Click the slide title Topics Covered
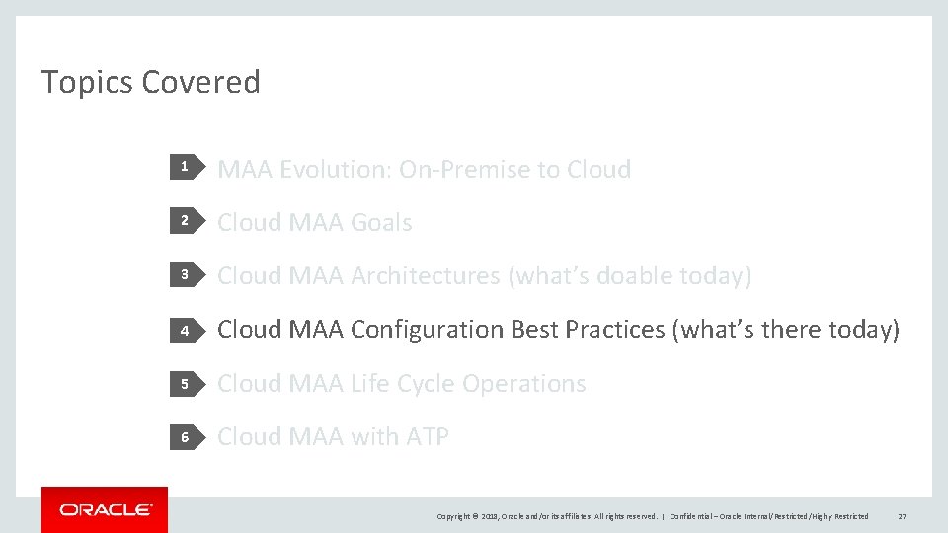(150, 82)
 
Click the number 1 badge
(184, 169)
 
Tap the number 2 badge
(184, 222)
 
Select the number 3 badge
(184, 275)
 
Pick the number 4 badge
(184, 330)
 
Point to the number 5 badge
(184, 383)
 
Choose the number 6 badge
(184, 436)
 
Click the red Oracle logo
(105, 509)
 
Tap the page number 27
(902, 516)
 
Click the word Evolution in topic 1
(336, 170)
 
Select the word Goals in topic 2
(380, 223)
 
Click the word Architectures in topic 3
(426, 276)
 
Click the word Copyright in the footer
(455, 516)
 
